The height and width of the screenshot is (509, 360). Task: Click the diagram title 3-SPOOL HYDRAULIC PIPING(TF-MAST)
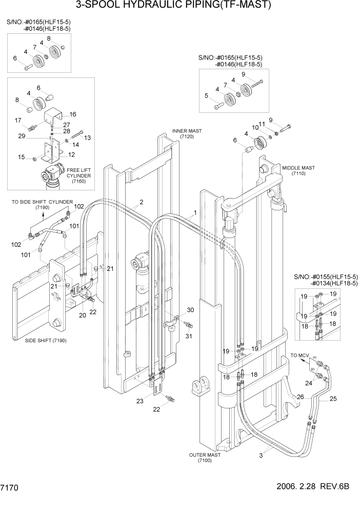(180, 6)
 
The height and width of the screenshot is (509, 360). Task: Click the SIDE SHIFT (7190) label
(47, 341)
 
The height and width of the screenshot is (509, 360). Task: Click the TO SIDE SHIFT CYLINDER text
(43, 202)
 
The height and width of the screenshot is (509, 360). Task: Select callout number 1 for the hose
(195, 212)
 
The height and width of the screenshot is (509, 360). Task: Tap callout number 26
(301, 396)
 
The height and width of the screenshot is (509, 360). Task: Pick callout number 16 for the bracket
(72, 114)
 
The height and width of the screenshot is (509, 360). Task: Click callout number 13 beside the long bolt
(87, 138)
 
